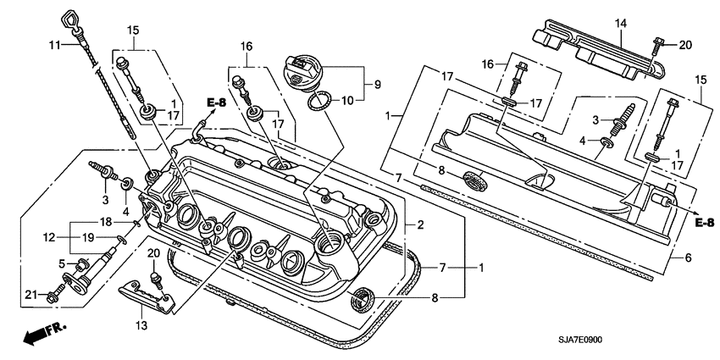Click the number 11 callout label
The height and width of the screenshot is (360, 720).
pos(53,44)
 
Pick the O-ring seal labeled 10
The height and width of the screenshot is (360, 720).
pos(317,102)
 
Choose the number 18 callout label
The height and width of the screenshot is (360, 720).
pos(106,221)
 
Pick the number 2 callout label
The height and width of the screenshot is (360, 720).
pos(419,225)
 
